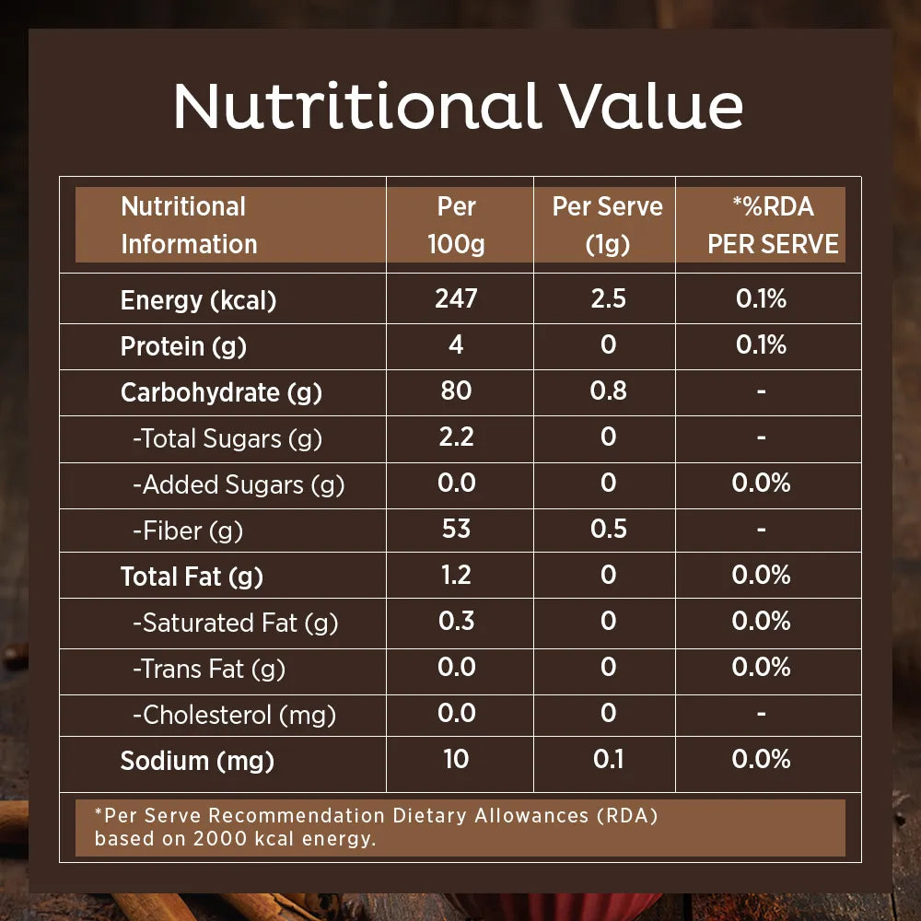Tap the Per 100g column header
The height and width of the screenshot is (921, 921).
coord(457,225)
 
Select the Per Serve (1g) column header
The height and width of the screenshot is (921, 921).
coord(607,225)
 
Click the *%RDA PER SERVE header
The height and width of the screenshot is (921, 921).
coord(773,225)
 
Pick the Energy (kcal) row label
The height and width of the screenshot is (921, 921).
coord(198,300)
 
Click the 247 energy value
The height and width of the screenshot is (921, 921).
coord(457,298)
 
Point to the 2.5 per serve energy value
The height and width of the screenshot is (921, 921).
coord(608,298)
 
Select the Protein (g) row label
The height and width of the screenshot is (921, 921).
coord(183,346)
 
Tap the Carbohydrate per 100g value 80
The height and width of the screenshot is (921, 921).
coord(457,391)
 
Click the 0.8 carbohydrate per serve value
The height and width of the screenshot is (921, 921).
coord(608,391)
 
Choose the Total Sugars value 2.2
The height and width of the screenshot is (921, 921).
coord(457,437)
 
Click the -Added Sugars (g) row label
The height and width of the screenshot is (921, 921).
coord(239,484)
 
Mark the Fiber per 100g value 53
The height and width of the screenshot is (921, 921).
coord(457,529)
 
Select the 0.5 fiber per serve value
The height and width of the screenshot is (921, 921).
coord(608,529)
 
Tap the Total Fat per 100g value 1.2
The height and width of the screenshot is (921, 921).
coord(457,575)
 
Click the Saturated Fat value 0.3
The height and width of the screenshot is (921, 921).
coord(457,621)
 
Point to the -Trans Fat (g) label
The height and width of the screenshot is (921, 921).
coord(209,669)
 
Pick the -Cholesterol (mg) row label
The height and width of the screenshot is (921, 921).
coord(234,715)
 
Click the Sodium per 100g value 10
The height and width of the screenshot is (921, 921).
coord(457,759)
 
